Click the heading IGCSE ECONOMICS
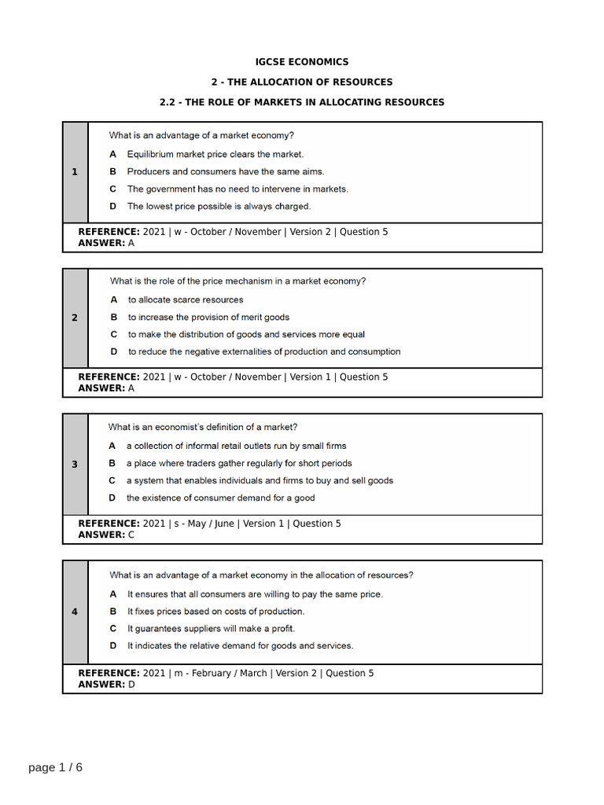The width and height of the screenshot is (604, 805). [x=302, y=61]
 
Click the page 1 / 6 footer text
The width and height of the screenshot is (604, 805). [x=55, y=767]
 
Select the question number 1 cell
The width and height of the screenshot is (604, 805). [x=75, y=172]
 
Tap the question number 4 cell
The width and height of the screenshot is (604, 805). [x=75, y=612]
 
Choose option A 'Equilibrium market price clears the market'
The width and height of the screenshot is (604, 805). [x=215, y=154]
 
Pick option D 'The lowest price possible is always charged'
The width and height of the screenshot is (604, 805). [x=219, y=206]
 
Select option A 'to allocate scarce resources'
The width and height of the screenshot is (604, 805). [x=186, y=300]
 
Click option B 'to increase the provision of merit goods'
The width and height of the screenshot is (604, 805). [x=208, y=317]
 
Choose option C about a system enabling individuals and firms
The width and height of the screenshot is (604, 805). [x=260, y=480]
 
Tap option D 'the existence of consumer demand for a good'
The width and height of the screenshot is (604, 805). [x=220, y=498]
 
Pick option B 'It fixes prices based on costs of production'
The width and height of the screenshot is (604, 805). [x=215, y=611]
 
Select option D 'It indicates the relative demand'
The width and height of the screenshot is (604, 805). [x=240, y=645]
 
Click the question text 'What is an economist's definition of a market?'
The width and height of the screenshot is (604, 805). [x=203, y=427]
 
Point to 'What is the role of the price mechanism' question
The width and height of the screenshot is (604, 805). [x=238, y=281]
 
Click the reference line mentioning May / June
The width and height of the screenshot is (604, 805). [x=209, y=524]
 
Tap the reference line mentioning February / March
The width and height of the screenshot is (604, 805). [x=226, y=673]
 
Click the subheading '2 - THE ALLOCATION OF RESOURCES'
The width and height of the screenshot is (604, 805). [x=302, y=82]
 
